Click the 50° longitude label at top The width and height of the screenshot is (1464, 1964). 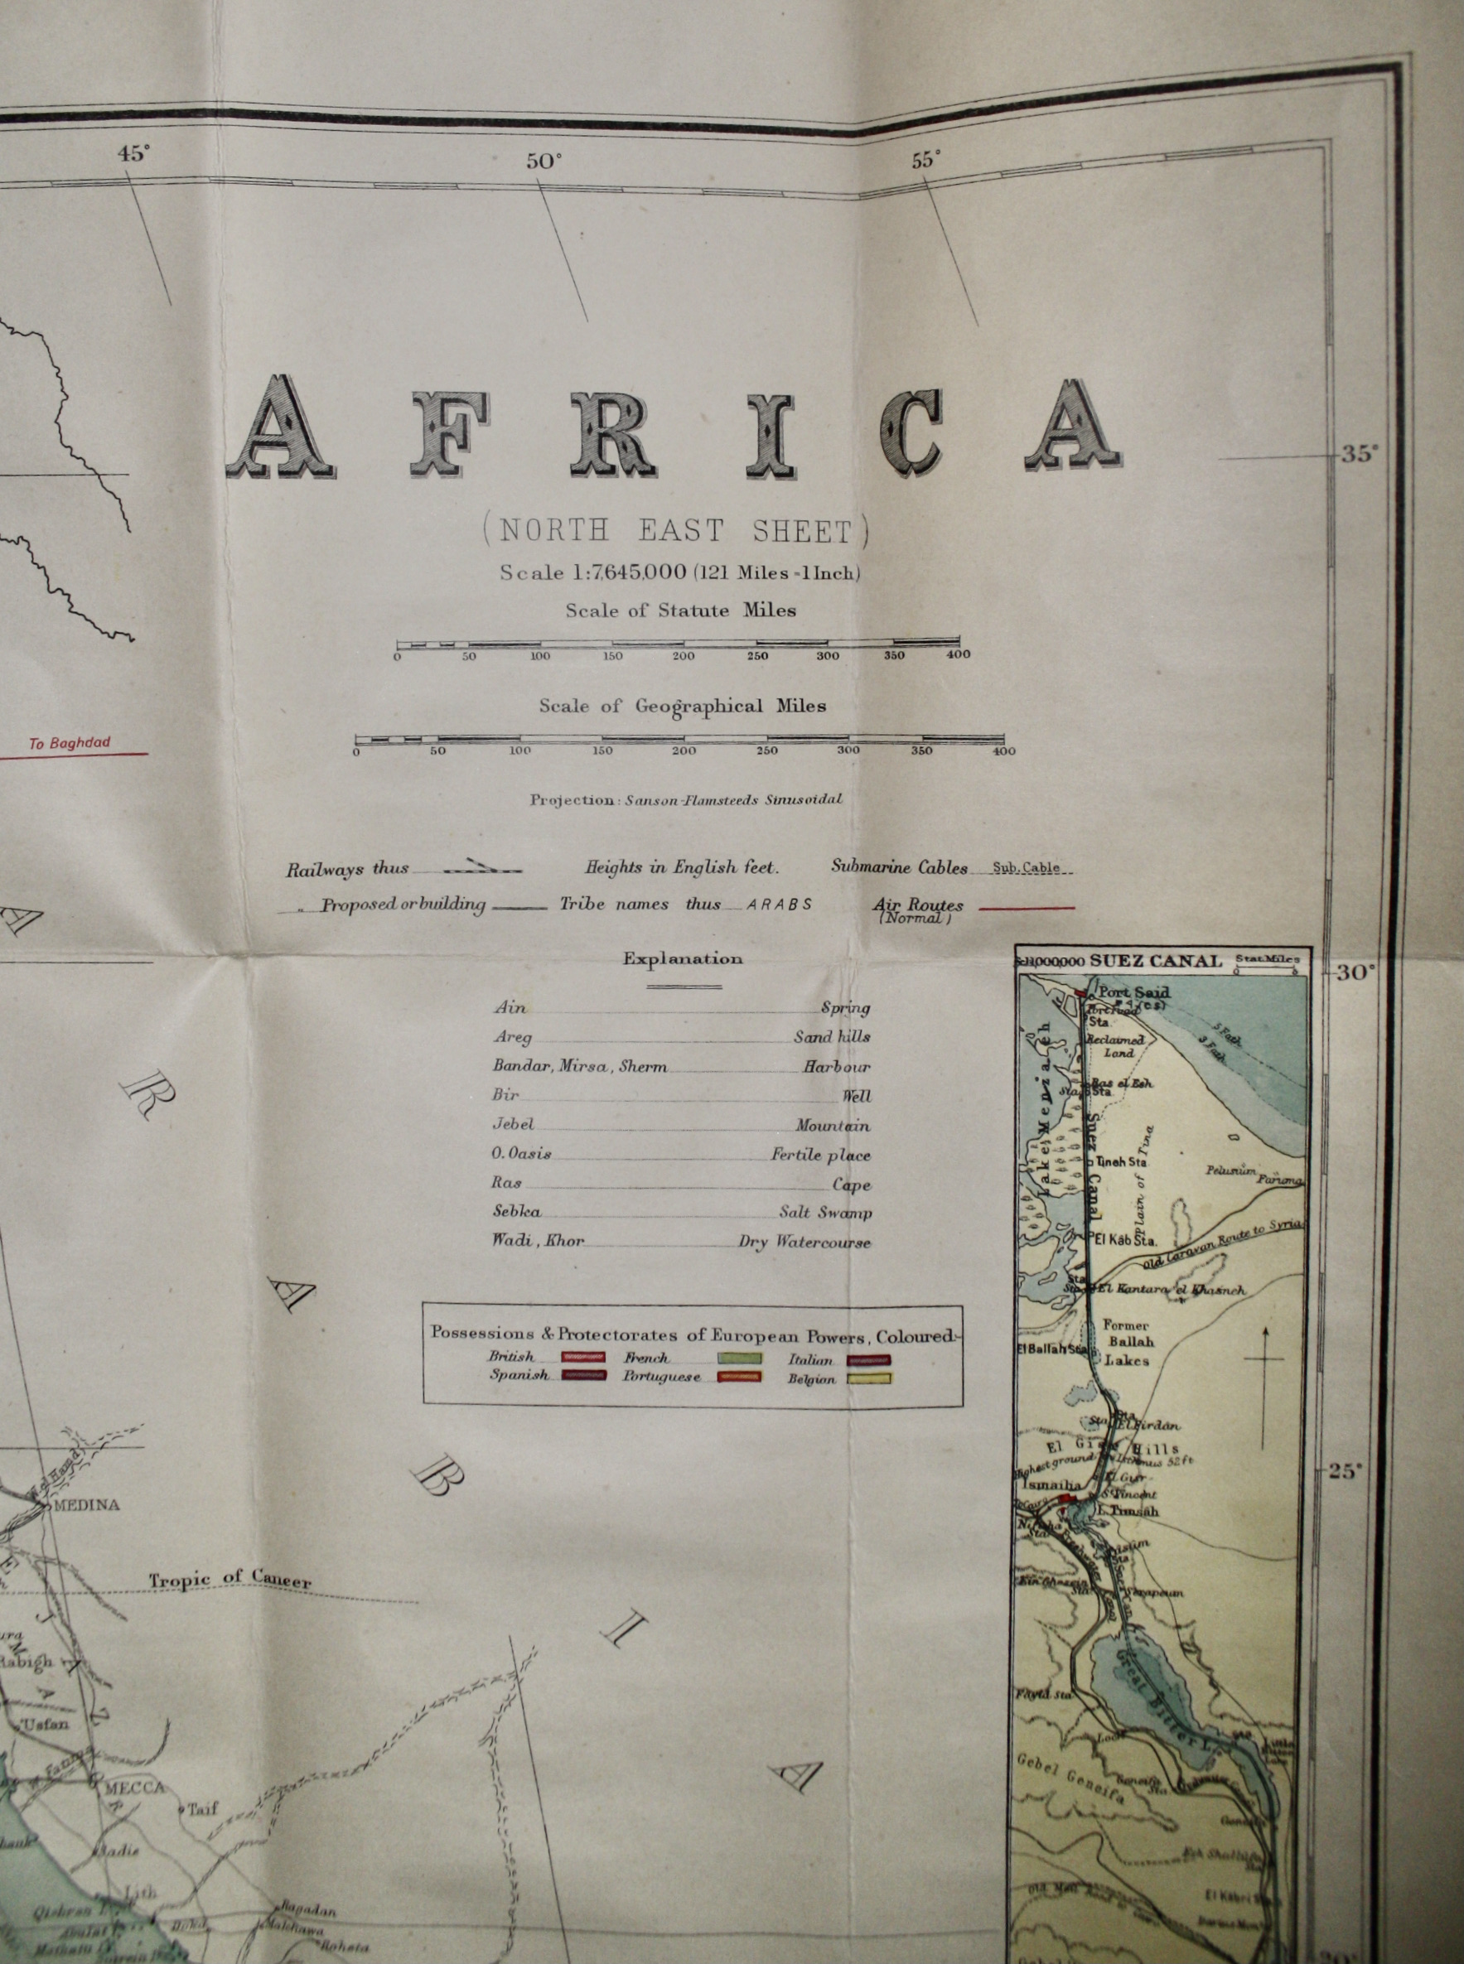click(544, 162)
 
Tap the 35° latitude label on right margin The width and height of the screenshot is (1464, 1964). click(1360, 455)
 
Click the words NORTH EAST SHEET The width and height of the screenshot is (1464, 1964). click(676, 531)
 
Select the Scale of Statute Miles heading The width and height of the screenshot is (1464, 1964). click(680, 610)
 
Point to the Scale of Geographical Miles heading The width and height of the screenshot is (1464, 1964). click(683, 706)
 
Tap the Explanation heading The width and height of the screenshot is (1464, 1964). click(683, 958)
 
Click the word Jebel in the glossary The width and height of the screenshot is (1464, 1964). click(513, 1124)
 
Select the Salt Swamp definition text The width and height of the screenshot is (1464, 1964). click(825, 1212)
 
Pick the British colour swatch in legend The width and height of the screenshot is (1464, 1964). click(583, 1356)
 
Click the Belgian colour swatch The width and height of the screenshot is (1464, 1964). click(870, 1378)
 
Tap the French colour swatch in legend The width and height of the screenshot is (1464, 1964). click(739, 1357)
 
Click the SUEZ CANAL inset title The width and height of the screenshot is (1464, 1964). click(1156, 960)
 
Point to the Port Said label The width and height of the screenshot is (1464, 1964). click(1133, 992)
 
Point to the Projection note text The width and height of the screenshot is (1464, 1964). click(686, 799)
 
